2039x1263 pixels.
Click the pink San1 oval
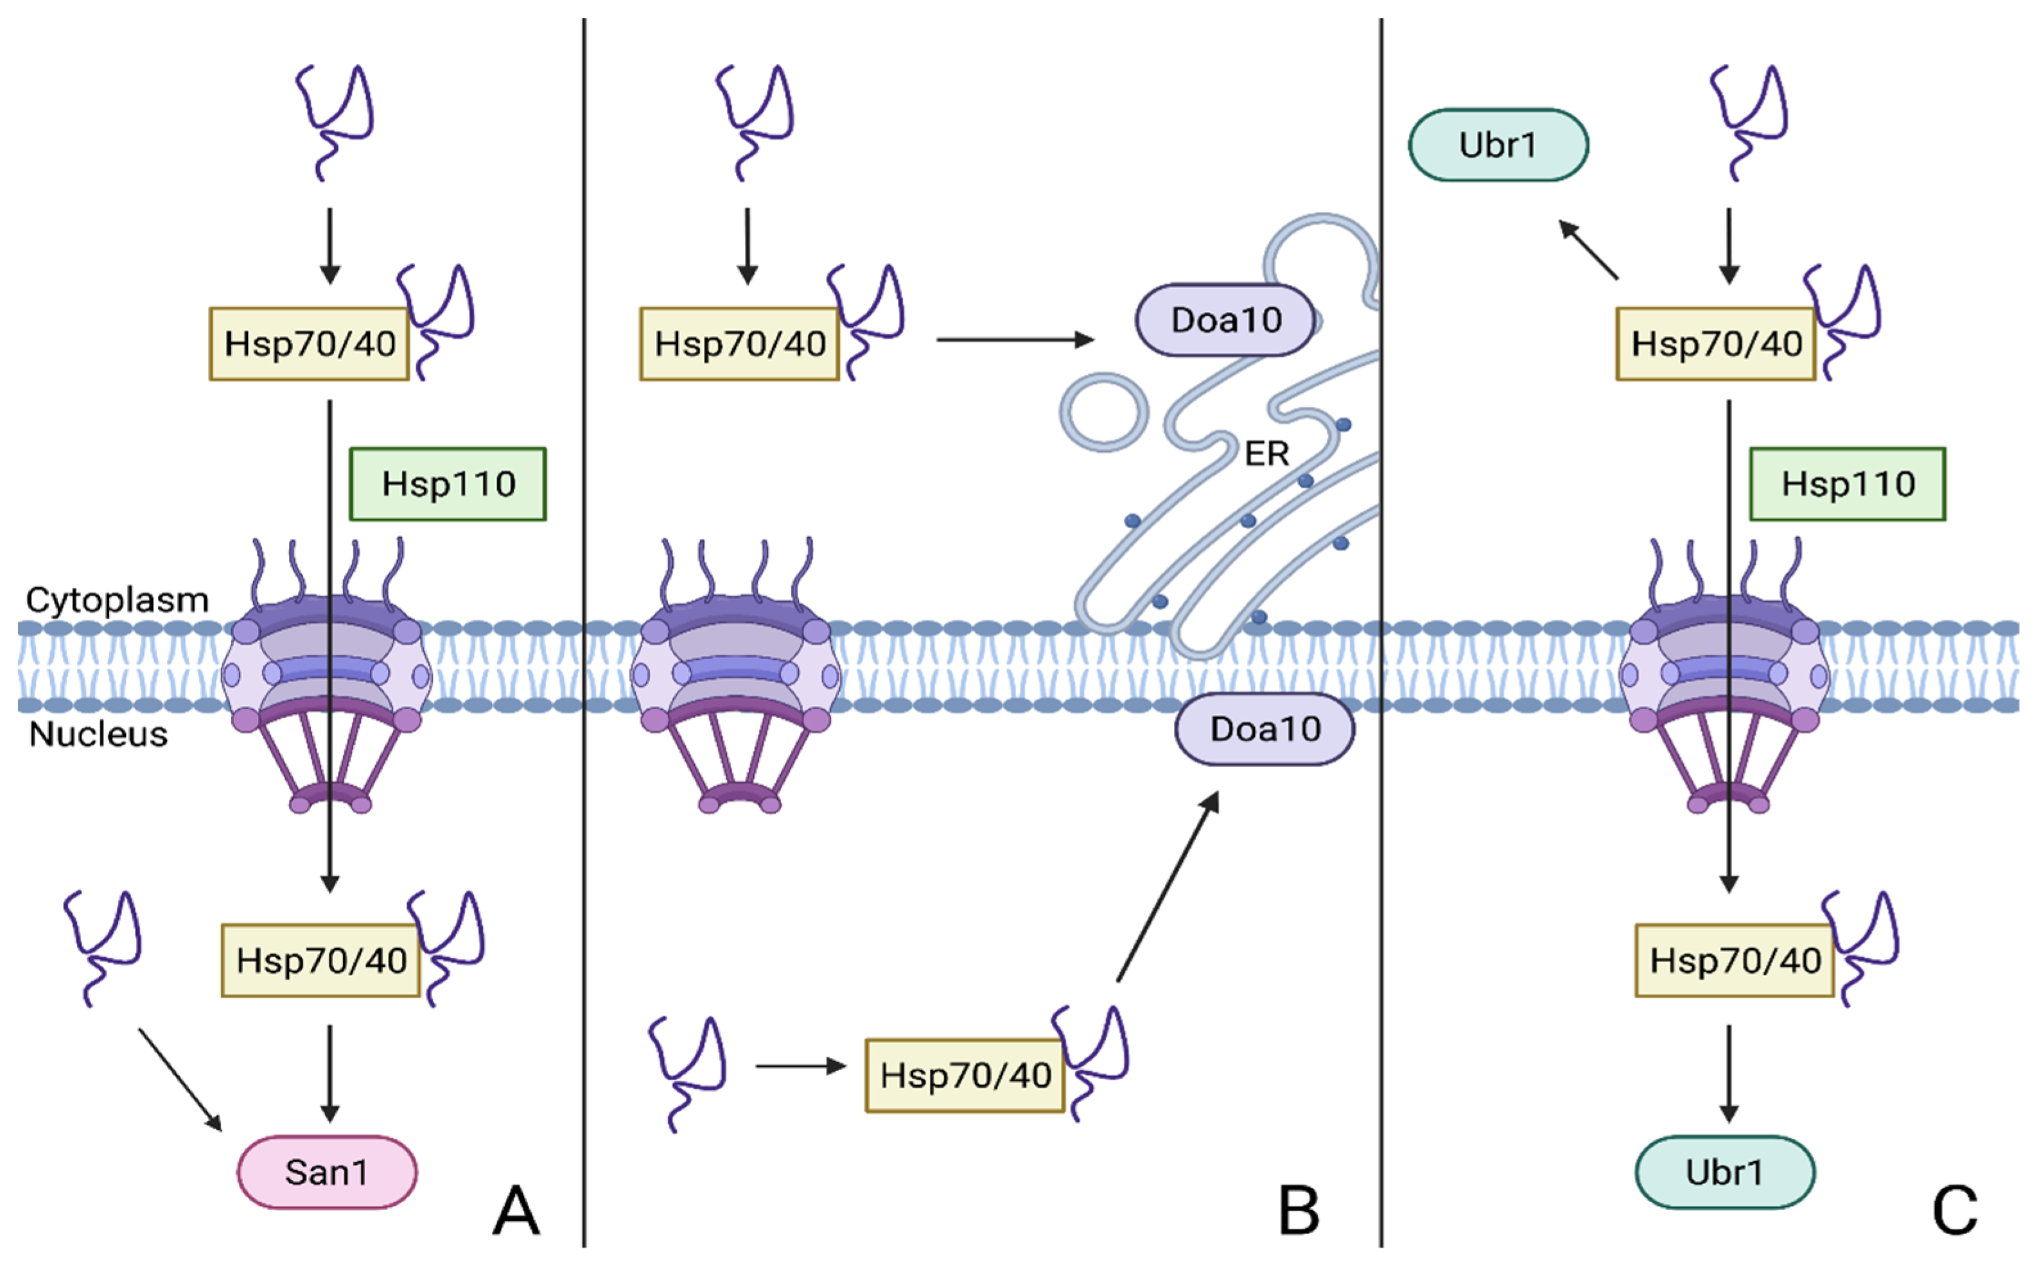pos(327,1172)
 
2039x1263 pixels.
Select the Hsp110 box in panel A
pos(448,484)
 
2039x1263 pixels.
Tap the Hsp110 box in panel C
pos(1848,484)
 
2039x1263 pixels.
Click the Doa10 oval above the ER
pos(1225,320)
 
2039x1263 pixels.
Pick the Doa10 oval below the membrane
pos(1265,729)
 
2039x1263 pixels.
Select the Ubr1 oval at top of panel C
pos(1498,145)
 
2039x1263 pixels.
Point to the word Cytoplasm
pos(117,600)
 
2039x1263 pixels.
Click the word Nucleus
pos(99,734)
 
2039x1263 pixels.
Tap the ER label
pos(1266,454)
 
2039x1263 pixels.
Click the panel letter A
pos(516,1210)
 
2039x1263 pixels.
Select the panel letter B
pos(1299,1210)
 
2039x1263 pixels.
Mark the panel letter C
pos(1955,1210)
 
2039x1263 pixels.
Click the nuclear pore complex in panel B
pos(735,676)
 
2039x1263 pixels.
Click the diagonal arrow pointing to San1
pos(180,1079)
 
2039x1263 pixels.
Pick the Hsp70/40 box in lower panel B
pos(965,1075)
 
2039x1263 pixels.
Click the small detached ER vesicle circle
pos(1104,413)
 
